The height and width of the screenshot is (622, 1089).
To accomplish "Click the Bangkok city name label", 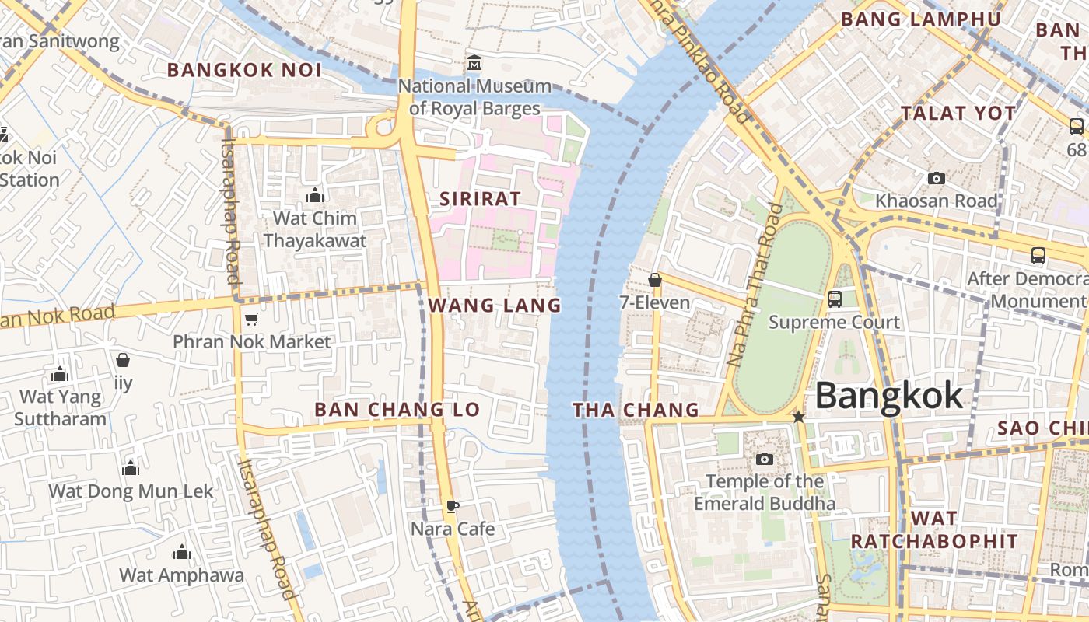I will pyautogui.click(x=888, y=397).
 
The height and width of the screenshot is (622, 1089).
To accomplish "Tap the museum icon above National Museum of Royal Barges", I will pyautogui.click(x=474, y=62).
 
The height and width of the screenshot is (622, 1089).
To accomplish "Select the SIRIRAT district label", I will pyautogui.click(x=480, y=199).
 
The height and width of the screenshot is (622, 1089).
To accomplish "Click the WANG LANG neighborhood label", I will pyautogui.click(x=495, y=306).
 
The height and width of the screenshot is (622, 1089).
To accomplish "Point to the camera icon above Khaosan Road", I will pyautogui.click(x=937, y=178).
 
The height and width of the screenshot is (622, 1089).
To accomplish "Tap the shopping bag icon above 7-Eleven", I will pyautogui.click(x=655, y=280).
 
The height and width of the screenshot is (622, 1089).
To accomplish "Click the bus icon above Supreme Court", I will pyautogui.click(x=835, y=299).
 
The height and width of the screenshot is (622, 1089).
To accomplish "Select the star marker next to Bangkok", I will pyautogui.click(x=798, y=417).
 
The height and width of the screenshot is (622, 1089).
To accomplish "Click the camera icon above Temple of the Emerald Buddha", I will pyautogui.click(x=765, y=459).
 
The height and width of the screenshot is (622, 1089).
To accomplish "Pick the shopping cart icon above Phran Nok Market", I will pyautogui.click(x=251, y=319).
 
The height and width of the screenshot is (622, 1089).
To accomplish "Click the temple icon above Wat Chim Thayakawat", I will pyautogui.click(x=314, y=194).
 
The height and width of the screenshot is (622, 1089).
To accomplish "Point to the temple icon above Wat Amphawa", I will pyautogui.click(x=181, y=552).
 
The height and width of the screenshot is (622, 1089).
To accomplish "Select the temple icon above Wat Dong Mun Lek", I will pyautogui.click(x=131, y=468).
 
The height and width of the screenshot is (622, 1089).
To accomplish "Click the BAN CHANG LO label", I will pyautogui.click(x=397, y=410).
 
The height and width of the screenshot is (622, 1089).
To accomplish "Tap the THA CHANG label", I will pyautogui.click(x=636, y=410).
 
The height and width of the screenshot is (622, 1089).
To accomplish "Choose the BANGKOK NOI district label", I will pyautogui.click(x=244, y=70).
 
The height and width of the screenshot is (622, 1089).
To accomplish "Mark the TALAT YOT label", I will pyautogui.click(x=958, y=114).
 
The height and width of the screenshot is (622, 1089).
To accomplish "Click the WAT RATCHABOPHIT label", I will pyautogui.click(x=934, y=529).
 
